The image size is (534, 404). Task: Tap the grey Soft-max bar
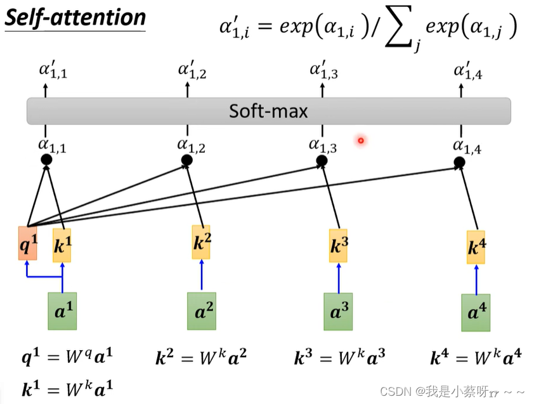tap(269, 111)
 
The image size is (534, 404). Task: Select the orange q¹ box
tap(27, 243)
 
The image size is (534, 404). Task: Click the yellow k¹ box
tap(62, 245)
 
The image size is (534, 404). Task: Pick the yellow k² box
tap(201, 242)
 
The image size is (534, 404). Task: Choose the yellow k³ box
tap(338, 245)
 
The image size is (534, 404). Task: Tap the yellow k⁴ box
tap(476, 247)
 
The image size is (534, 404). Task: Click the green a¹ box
tap(62, 311)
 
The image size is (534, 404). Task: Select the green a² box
tap(202, 311)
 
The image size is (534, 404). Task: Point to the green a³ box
tap(338, 311)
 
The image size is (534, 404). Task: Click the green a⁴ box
tap(476, 313)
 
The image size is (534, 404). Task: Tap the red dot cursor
tap(361, 140)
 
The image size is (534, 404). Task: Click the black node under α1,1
tap(46, 159)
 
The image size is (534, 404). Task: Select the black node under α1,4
tap(459, 162)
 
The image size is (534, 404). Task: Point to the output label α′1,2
tap(192, 70)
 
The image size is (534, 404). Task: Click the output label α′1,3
tap(324, 70)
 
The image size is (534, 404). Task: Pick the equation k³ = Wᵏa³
tap(339, 357)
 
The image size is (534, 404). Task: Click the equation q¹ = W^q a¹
tap(67, 357)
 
